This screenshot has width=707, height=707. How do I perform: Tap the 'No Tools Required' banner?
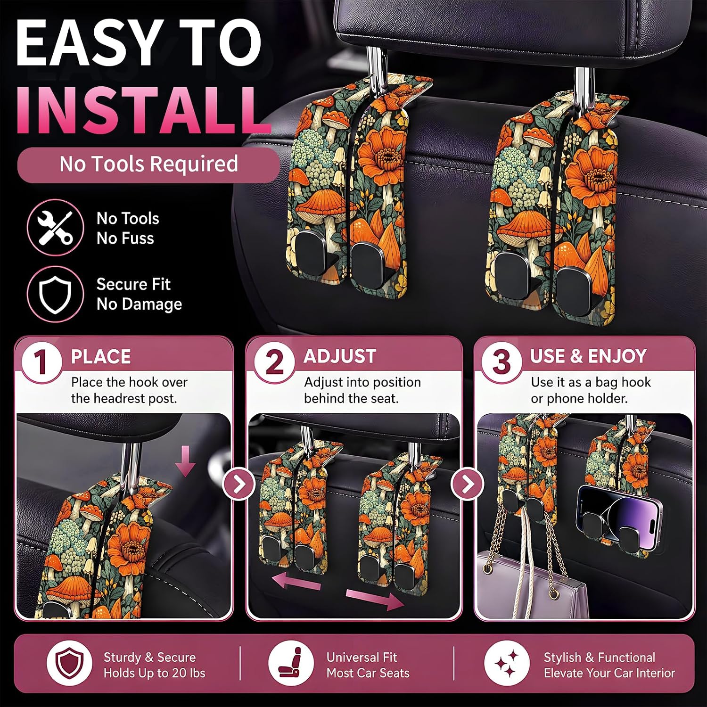point(148,164)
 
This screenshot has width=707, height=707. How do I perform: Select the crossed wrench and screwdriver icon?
point(55,228)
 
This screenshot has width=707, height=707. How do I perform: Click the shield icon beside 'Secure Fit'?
point(55,294)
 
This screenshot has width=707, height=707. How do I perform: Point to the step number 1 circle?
point(41,362)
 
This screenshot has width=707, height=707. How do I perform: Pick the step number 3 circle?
point(501,362)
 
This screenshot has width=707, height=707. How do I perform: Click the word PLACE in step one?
point(101,357)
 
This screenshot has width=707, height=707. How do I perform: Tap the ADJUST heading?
point(340,356)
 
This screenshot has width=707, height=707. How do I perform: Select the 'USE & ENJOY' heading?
point(588,356)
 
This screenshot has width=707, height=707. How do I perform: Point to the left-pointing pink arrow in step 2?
point(296,580)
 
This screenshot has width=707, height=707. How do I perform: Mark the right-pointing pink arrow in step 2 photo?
point(375,598)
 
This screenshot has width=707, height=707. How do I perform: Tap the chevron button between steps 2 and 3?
point(468,484)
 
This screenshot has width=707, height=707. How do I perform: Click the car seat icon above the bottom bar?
point(291,665)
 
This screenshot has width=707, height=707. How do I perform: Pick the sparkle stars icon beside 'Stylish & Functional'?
point(507,665)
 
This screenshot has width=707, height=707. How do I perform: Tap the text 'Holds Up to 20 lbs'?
point(155,673)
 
